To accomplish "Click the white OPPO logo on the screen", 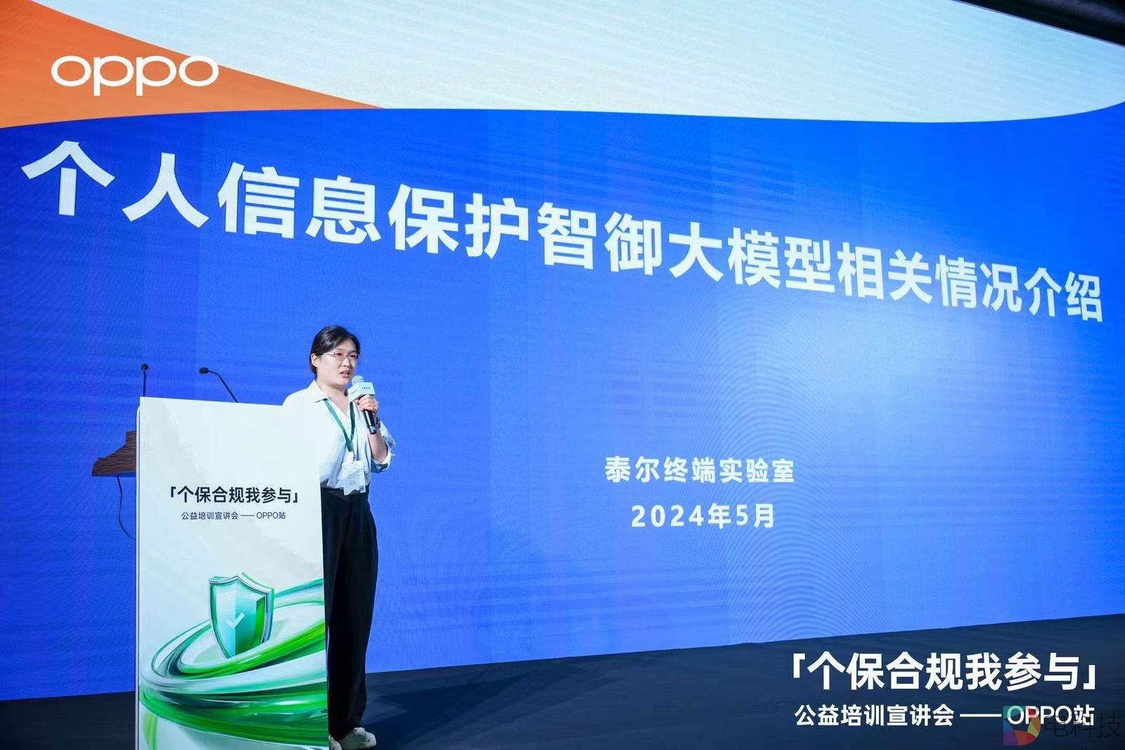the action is (x=134, y=75).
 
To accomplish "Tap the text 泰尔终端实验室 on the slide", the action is (x=699, y=470).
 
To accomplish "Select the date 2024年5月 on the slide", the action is (x=702, y=515).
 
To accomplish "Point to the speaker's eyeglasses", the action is (x=340, y=357).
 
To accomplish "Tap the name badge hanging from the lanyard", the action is (x=354, y=477).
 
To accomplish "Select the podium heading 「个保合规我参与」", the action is (x=234, y=494).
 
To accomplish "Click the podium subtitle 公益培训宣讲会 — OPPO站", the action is (x=233, y=515).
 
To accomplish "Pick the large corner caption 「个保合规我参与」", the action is (x=943, y=672).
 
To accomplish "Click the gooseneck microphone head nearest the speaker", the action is (x=204, y=371).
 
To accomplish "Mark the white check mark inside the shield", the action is (x=233, y=622).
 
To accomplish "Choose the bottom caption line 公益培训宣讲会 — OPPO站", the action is (x=944, y=715).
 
